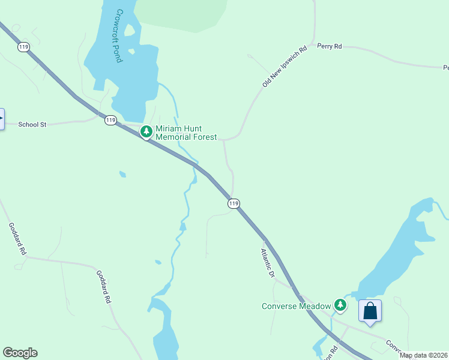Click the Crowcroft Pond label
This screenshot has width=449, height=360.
click(x=119, y=36)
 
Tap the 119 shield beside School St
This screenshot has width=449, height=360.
click(x=110, y=121)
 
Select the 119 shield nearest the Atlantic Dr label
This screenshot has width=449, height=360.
click(x=234, y=204)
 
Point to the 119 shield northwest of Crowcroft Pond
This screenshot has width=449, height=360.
click(x=23, y=47)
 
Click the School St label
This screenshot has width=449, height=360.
click(x=32, y=125)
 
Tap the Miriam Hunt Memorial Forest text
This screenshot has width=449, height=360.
click(x=185, y=133)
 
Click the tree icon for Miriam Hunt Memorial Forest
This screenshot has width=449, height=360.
click(x=146, y=131)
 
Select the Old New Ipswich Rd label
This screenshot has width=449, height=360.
click(x=285, y=66)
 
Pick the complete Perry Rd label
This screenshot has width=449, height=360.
click(x=330, y=46)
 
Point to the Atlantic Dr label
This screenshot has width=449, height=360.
click(x=267, y=263)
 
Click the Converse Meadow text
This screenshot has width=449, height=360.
click(x=296, y=306)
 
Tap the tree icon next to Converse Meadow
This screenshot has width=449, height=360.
click(x=341, y=305)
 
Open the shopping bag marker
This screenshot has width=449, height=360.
click(x=370, y=311)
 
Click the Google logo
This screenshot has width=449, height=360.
click(x=20, y=353)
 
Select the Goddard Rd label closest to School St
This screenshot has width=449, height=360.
click(x=17, y=239)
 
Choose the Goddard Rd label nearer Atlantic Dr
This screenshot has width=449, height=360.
click(x=104, y=286)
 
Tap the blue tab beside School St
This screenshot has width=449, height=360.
click(x=2, y=119)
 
